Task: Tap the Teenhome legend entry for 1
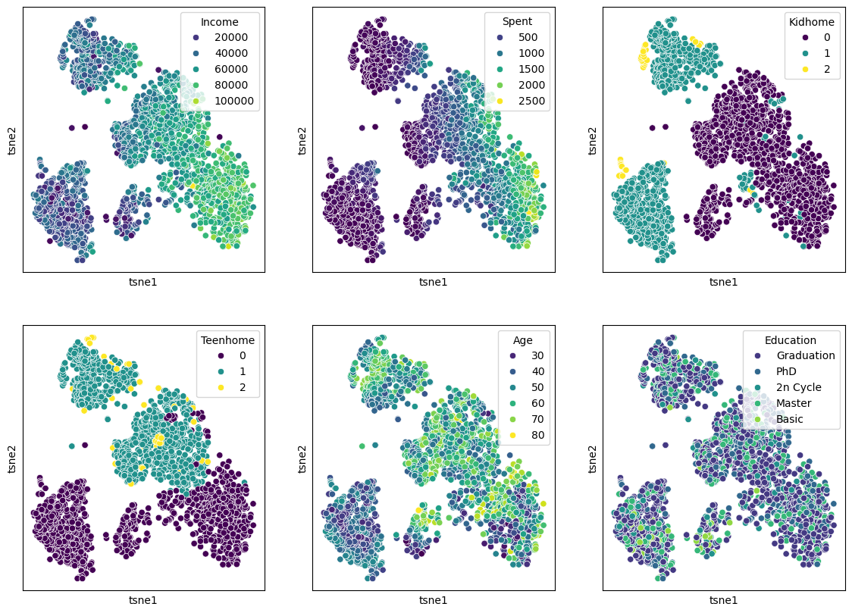pyautogui.click(x=238, y=371)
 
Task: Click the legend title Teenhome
pyautogui.click(x=227, y=340)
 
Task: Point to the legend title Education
pyautogui.click(x=791, y=340)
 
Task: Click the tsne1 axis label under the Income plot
pyautogui.click(x=143, y=282)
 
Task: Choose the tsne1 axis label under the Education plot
pyautogui.click(x=723, y=600)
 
